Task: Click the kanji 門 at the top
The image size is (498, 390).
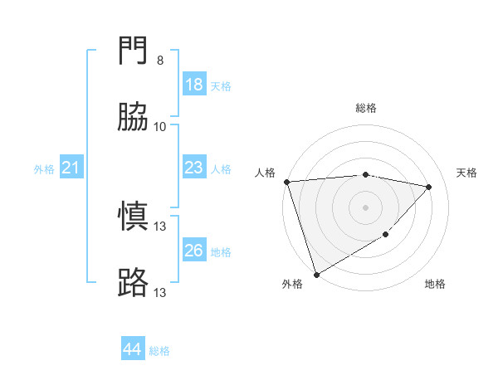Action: click(134, 52)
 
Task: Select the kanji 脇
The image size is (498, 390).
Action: click(134, 118)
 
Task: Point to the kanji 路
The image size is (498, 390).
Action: click(134, 283)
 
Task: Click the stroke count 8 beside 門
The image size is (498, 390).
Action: click(160, 61)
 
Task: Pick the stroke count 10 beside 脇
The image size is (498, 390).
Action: click(160, 127)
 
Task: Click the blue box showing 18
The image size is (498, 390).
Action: click(194, 85)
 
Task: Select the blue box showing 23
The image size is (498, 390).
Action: click(194, 168)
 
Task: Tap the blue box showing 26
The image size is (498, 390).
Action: click(194, 251)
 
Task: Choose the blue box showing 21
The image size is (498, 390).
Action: click(71, 168)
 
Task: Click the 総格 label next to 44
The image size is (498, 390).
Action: click(159, 351)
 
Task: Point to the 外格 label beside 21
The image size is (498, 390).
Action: click(44, 169)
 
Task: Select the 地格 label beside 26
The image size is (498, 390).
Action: click(221, 252)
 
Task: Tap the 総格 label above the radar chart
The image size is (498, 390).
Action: click(365, 108)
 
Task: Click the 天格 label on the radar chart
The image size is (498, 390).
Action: click(467, 173)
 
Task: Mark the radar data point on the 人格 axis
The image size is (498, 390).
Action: click(286, 182)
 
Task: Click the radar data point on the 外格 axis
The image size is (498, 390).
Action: click(316, 274)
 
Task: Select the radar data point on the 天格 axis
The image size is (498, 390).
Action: click(429, 187)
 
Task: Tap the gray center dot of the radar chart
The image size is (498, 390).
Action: click(365, 207)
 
